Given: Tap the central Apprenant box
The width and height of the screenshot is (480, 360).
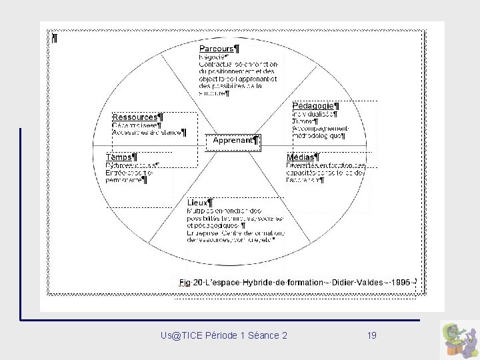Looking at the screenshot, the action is pyautogui.click(x=233, y=141).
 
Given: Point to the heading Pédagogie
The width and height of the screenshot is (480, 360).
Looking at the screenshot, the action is pyautogui.click(x=313, y=106).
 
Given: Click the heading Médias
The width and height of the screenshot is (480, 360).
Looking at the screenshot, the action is pyautogui.click(x=301, y=157).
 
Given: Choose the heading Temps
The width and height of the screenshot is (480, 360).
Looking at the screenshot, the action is pyautogui.click(x=120, y=157).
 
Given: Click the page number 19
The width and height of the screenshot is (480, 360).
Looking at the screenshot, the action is pyautogui.click(x=371, y=335).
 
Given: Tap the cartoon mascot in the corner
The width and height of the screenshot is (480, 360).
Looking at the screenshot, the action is pyautogui.click(x=458, y=339).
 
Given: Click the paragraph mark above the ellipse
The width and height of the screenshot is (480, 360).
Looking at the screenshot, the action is pyautogui.click(x=55, y=39).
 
